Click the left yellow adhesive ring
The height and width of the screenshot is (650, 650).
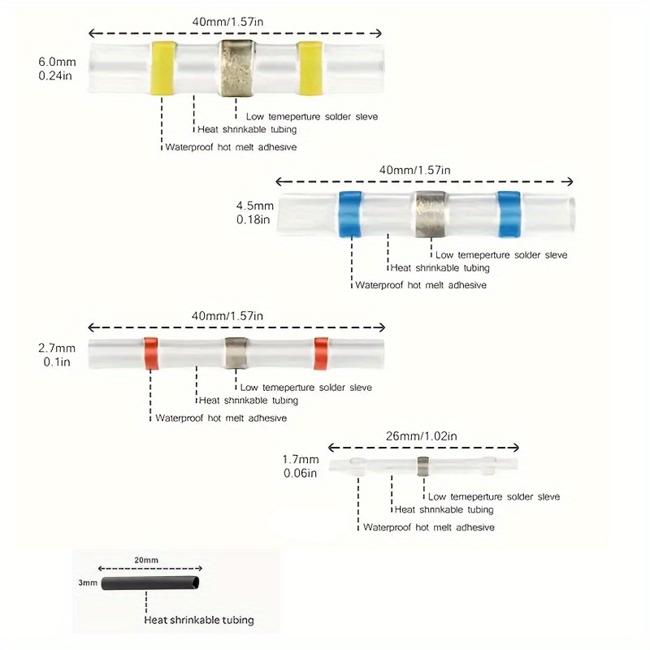163,69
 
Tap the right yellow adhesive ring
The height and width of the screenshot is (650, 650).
310,69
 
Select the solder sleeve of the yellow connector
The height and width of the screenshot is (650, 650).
236,69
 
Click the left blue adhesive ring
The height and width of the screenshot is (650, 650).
351,214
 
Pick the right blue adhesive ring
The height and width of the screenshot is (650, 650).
509,214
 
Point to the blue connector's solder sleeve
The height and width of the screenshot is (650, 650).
431,214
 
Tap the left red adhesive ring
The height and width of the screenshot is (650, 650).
151,353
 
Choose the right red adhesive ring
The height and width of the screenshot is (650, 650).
321,353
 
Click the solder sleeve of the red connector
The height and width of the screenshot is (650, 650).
236,353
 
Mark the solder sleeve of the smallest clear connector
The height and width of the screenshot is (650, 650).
423,466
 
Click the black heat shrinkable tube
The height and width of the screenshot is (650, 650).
150,583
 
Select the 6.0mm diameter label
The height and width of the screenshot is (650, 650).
57,69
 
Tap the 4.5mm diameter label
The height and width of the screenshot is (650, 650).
255,212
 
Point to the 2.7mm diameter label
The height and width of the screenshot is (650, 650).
57,355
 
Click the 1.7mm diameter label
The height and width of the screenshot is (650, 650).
301,466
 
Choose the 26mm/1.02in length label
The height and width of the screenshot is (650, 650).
422,436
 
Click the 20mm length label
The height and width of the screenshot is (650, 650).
146,560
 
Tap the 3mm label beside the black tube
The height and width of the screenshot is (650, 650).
88,583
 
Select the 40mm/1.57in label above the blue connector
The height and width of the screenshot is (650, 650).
414,170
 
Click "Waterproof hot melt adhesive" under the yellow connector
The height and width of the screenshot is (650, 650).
231,147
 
